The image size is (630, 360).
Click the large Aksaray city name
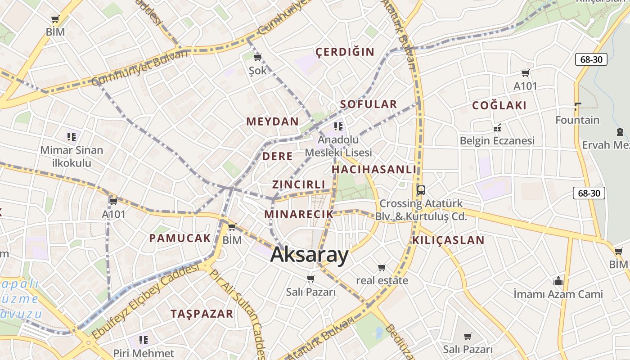[310, 255]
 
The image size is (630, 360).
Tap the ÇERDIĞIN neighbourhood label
[345, 52]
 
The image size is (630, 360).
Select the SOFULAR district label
[369, 104]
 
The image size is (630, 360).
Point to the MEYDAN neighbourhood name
[273, 121]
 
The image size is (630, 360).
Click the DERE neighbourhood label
[277, 157]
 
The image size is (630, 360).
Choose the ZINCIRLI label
[299, 184]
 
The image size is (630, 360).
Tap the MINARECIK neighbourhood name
[299, 214]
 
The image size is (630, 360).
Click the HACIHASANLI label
[374, 170]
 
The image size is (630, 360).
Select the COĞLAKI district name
[499, 106]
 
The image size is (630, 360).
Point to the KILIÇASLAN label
[448, 240]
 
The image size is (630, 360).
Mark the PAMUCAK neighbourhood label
[180, 238]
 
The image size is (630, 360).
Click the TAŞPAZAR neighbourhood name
[202, 314]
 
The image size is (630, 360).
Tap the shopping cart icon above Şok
[257, 57]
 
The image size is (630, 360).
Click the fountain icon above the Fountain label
[578, 107]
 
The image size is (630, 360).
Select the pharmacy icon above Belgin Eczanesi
[497, 128]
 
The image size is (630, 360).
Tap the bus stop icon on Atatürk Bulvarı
[421, 190]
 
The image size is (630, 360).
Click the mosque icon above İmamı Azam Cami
[558, 281]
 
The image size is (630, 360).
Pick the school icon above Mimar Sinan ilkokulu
[71, 136]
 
